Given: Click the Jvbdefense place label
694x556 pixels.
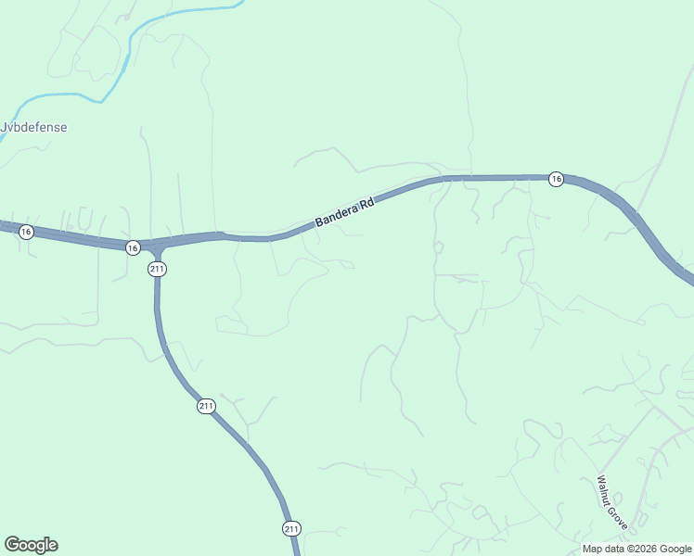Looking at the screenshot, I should tap(34, 128).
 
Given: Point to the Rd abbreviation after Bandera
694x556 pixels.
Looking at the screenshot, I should tap(366, 201).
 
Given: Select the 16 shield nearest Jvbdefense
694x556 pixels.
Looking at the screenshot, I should tap(26, 232).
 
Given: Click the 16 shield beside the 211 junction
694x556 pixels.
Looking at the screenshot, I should tap(133, 247).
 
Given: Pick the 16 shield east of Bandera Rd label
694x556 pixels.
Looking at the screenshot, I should tap(555, 179).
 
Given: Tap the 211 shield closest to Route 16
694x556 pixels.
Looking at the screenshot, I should tap(157, 269).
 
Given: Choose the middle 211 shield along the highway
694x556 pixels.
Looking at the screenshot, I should tap(206, 406).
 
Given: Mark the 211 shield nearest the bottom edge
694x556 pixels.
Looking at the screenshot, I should tap(291, 528).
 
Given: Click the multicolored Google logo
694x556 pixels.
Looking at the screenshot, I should tap(31, 545).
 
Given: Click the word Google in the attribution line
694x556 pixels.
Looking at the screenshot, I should tap(675, 549).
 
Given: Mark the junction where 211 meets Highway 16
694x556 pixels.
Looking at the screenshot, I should tap(157, 246).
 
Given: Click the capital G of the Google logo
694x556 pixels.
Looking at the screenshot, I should tap(11, 545).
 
